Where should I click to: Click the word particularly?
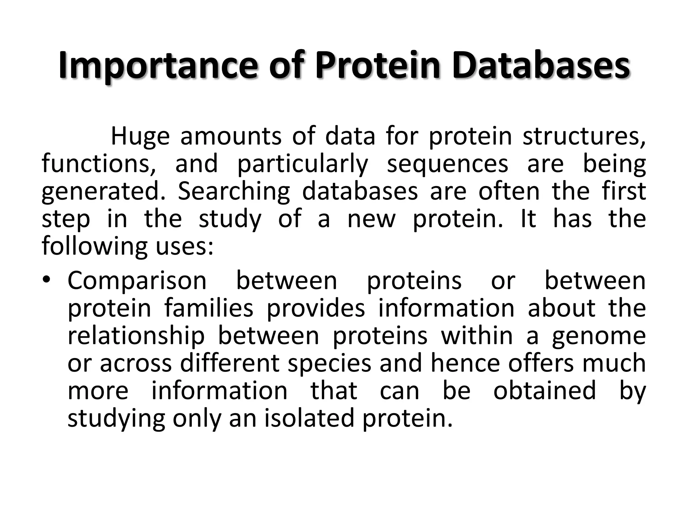[x=303, y=164]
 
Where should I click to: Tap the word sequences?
[x=447, y=164]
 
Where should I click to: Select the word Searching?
[x=233, y=191]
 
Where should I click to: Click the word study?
[x=230, y=219]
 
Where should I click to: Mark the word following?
[x=94, y=246]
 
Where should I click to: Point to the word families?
[x=209, y=308]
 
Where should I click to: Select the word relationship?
[x=136, y=336]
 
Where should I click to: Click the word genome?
[x=599, y=336]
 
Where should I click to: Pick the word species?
[x=330, y=363]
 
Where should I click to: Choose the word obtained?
[x=545, y=391]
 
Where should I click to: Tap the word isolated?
[x=309, y=418]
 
